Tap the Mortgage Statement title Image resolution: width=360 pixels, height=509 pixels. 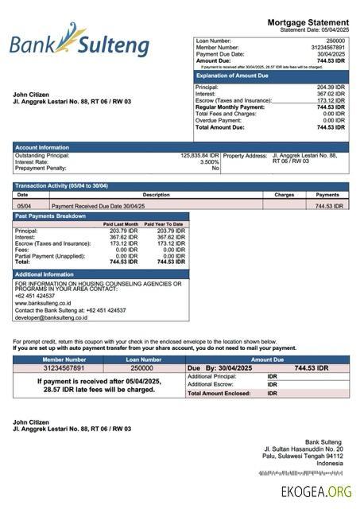(x=308, y=22)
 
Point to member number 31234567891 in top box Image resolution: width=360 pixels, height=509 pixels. (x=327, y=48)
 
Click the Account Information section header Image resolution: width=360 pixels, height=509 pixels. (x=42, y=147)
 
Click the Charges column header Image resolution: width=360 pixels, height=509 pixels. (x=284, y=195)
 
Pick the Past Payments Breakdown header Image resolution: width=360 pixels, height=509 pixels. (x=50, y=216)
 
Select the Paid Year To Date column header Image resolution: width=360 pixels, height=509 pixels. (x=164, y=224)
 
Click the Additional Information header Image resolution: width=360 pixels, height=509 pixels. (x=45, y=274)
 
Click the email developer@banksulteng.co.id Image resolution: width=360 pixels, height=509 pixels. (x=51, y=317)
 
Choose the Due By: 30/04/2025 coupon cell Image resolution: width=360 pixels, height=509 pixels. (x=219, y=368)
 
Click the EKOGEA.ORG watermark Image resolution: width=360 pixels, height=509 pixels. (x=315, y=492)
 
